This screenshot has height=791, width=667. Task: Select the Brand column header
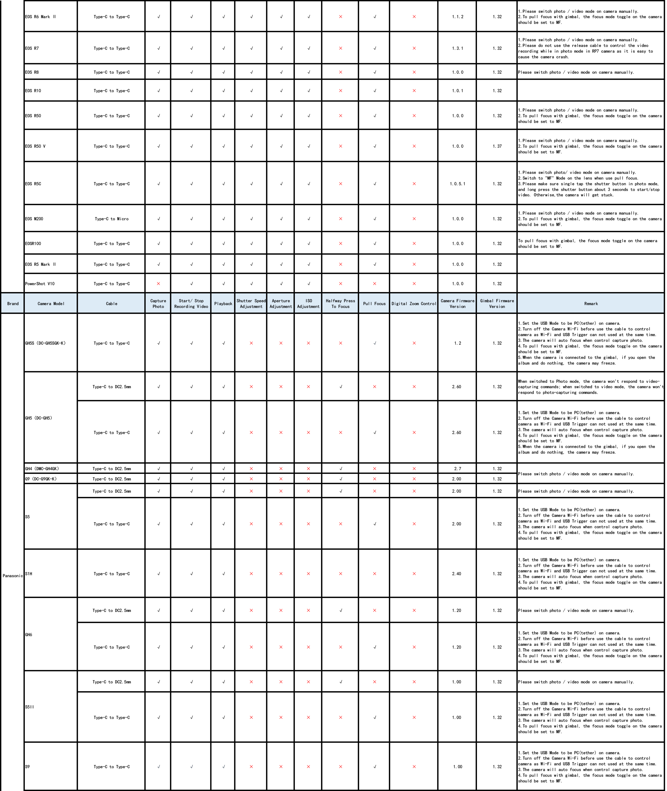click(x=13, y=304)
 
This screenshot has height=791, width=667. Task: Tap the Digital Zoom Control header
click(x=414, y=304)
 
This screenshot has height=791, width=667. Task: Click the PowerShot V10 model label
click(x=40, y=284)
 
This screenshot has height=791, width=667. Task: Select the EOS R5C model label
click(x=33, y=184)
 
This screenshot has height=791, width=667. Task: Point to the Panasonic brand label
click(x=13, y=576)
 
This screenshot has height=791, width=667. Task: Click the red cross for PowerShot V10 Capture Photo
click(x=158, y=284)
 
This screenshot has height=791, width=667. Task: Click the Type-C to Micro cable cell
click(x=111, y=219)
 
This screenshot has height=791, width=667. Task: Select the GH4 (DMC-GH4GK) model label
click(x=42, y=469)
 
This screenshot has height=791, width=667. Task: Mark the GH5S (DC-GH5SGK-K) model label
click(x=45, y=343)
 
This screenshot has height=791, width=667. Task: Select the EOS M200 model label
click(x=34, y=219)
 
